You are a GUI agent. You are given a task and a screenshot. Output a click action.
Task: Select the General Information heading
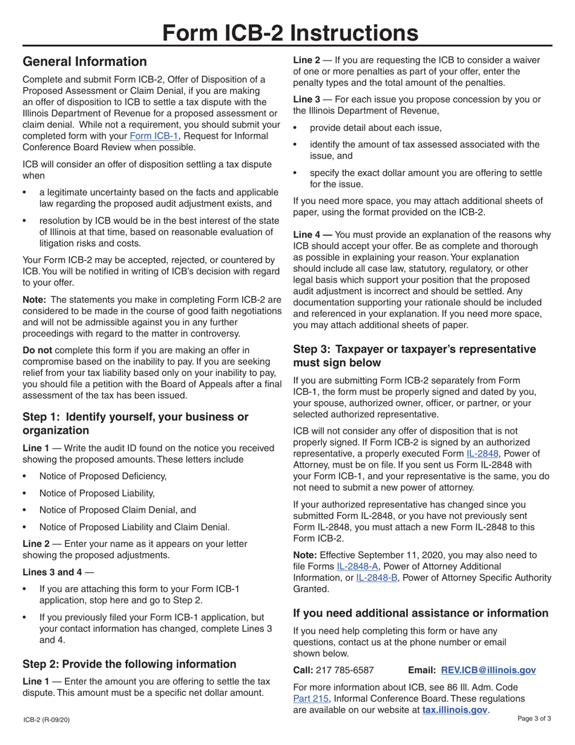[84, 62]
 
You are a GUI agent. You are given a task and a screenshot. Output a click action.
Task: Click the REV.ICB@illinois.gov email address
[489, 670]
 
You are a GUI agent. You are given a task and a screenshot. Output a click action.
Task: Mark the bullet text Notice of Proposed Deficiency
[103, 476]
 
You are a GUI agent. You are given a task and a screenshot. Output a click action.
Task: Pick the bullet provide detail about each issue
[376, 128]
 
